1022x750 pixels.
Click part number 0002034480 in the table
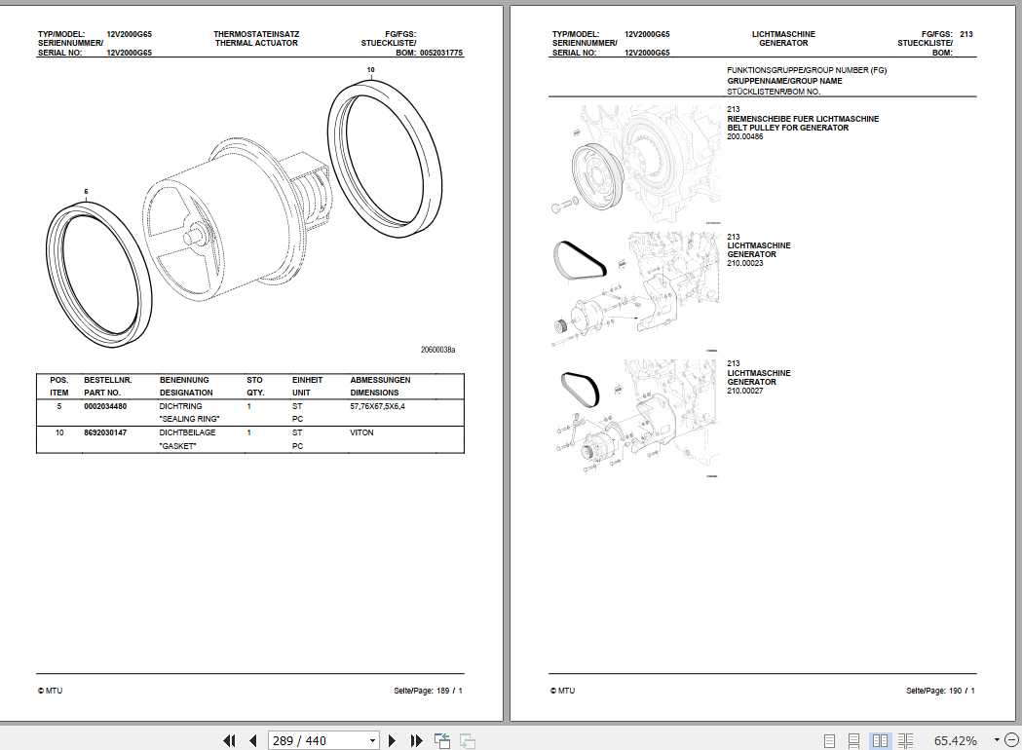[105, 405]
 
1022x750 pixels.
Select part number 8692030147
[105, 431]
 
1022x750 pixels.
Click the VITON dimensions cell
[362, 431]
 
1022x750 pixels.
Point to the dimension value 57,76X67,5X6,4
[377, 405]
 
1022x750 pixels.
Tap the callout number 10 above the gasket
[370, 70]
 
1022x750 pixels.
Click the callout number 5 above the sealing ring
[86, 191]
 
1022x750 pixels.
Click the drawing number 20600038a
[437, 349]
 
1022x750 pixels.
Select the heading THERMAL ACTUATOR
[256, 44]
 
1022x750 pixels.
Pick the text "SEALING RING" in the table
[190, 418]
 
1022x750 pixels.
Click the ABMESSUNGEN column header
[380, 380]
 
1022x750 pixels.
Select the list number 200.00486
[745, 136]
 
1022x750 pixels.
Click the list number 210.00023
[745, 263]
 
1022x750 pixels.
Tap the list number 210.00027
[745, 391]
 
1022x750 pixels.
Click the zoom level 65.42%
[955, 740]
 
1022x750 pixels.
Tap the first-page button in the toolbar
[230, 740]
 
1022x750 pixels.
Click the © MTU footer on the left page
[50, 691]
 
